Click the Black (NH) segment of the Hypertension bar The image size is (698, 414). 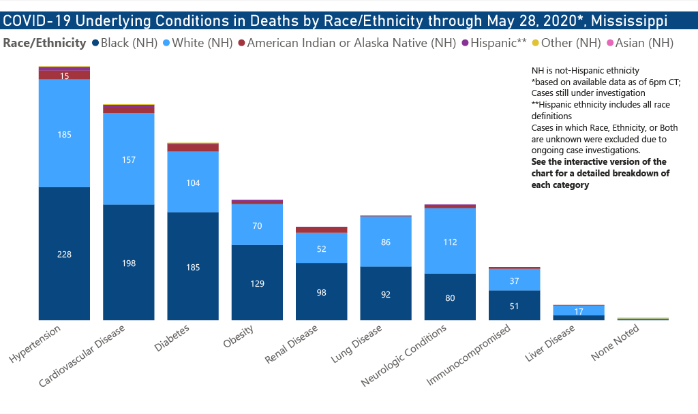point(65,253)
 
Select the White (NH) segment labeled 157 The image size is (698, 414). point(129,159)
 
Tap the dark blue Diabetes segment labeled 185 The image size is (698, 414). point(193,267)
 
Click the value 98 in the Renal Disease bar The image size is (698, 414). point(322,292)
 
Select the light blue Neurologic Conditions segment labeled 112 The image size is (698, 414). point(450,242)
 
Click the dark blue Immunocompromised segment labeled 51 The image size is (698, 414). point(514,306)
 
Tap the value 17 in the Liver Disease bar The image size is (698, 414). point(578,312)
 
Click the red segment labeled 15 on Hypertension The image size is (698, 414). point(65,76)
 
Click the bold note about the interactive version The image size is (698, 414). point(600,173)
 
